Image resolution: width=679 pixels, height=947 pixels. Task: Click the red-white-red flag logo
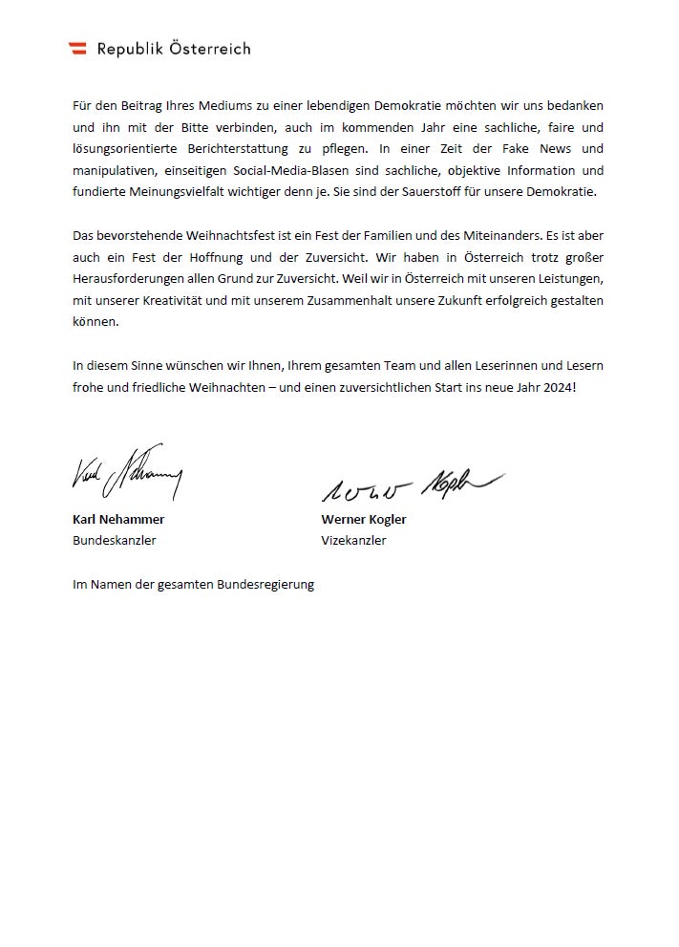[78, 49]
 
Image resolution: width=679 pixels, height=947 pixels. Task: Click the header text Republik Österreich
[174, 49]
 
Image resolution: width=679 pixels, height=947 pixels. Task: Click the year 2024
[558, 387]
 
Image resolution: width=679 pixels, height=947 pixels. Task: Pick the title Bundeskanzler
[115, 540]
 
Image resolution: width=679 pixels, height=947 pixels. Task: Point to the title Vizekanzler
[353, 540]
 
